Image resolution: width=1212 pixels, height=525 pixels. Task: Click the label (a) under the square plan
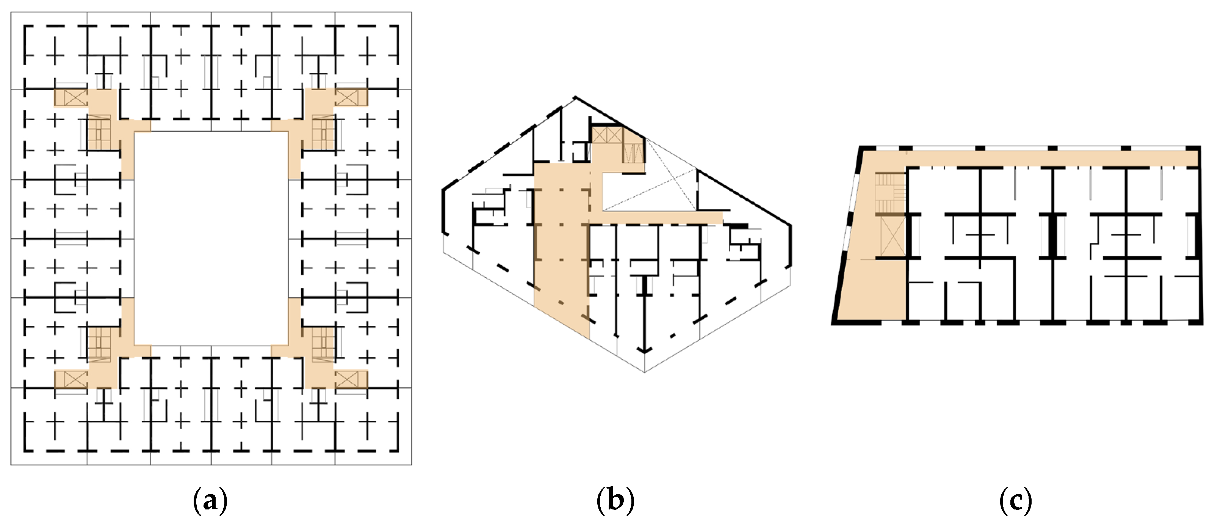point(210,502)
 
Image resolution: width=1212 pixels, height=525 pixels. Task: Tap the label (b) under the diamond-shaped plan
point(615,502)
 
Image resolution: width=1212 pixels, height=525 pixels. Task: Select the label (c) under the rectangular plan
point(1015,502)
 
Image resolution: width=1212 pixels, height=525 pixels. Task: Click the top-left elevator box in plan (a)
point(75,98)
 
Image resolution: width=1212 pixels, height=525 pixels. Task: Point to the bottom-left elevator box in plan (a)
point(75,379)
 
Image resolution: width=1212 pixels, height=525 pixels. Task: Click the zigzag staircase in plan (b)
point(633,152)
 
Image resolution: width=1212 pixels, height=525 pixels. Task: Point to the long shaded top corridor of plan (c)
point(1049,159)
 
